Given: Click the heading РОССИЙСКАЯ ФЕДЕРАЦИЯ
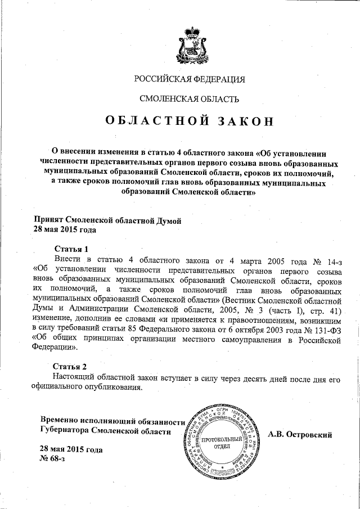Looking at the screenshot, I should click(x=190, y=79).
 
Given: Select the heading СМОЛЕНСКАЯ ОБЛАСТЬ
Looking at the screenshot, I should click(x=189, y=99).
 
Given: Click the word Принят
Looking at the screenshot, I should click(x=49, y=220).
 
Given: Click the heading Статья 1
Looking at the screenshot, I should click(x=71, y=249).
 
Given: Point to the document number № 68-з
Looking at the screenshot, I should click(x=52, y=460).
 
